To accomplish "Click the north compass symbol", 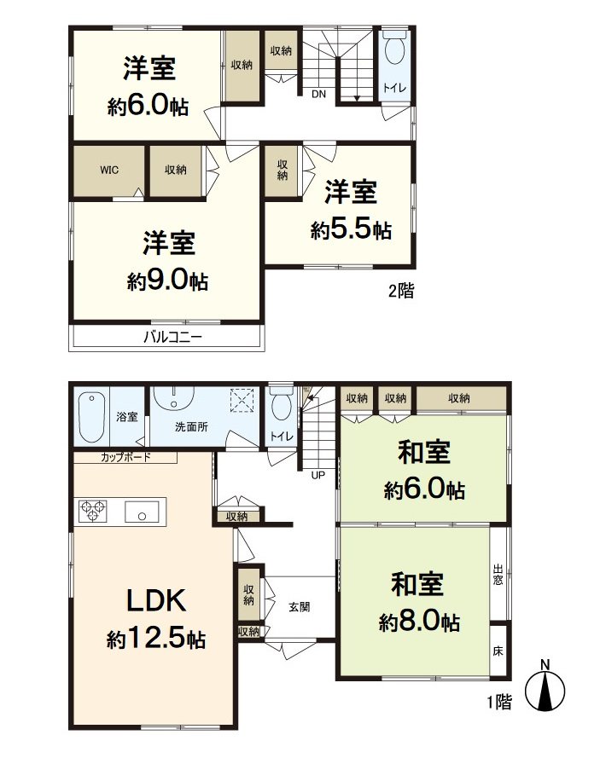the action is pyautogui.click(x=545, y=687).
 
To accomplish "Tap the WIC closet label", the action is pyautogui.click(x=109, y=170).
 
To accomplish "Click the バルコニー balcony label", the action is pyautogui.click(x=172, y=337).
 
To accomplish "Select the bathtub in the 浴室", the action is pyautogui.click(x=92, y=417).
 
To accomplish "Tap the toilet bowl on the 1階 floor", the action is pyautogui.click(x=281, y=405).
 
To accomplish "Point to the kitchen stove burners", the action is pyautogui.click(x=93, y=511).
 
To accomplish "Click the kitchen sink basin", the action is pyautogui.click(x=142, y=512).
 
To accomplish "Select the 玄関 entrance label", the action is pyautogui.click(x=299, y=607).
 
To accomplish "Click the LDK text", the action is pyautogui.click(x=156, y=600).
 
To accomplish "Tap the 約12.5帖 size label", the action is pyautogui.click(x=156, y=639).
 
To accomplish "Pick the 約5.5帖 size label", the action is pyautogui.click(x=351, y=229).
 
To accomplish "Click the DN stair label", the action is pyautogui.click(x=318, y=95).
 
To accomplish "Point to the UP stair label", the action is pyautogui.click(x=317, y=475).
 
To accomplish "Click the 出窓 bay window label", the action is pyautogui.click(x=498, y=575).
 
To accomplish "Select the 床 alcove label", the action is pyautogui.click(x=498, y=651).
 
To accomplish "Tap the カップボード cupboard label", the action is pyautogui.click(x=125, y=457).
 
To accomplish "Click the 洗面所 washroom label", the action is pyautogui.click(x=191, y=427).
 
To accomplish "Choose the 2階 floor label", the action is pyautogui.click(x=401, y=291).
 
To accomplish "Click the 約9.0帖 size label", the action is pyautogui.click(x=167, y=281).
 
